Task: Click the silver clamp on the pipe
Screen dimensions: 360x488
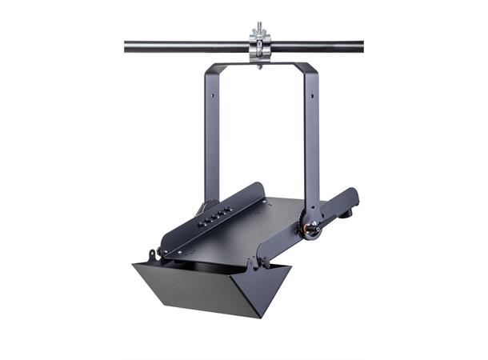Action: coord(260,46)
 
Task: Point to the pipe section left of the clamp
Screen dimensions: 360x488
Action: coord(184,46)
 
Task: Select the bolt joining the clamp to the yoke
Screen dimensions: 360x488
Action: coord(260,63)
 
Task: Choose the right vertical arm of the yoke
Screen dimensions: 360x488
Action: coord(311,136)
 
